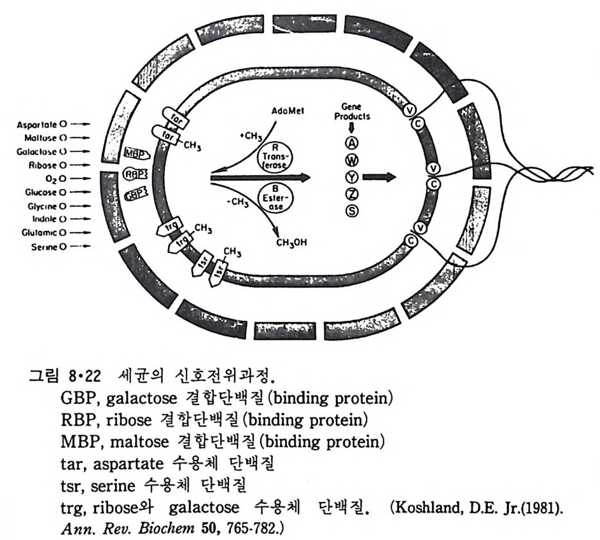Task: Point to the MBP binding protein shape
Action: tap(134, 154)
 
